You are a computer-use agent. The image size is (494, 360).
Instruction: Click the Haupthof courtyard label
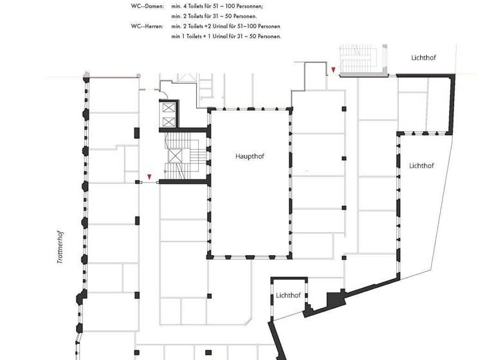point(250,156)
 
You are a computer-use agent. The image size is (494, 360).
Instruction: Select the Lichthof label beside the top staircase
point(424,57)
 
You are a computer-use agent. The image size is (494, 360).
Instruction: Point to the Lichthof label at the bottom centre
point(288,296)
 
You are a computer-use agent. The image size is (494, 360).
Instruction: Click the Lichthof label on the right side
point(421,166)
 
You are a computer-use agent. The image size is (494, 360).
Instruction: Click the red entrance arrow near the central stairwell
point(149,176)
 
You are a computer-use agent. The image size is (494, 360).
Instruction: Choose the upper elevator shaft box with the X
point(169,107)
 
